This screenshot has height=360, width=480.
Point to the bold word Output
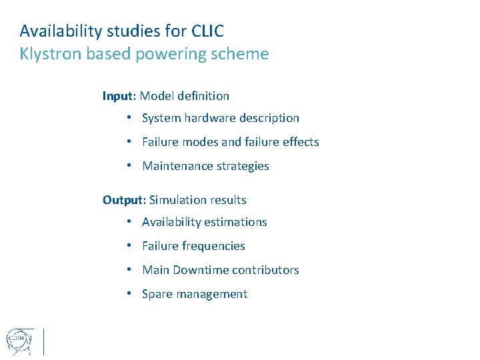[123, 200]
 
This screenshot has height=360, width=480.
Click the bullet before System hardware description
[129, 118]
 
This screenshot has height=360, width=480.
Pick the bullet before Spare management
[129, 294]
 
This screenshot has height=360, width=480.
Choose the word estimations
[237, 222]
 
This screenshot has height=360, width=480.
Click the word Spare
[157, 294]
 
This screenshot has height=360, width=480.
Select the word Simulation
[177, 200]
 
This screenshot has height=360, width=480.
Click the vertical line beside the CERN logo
[43, 341]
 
